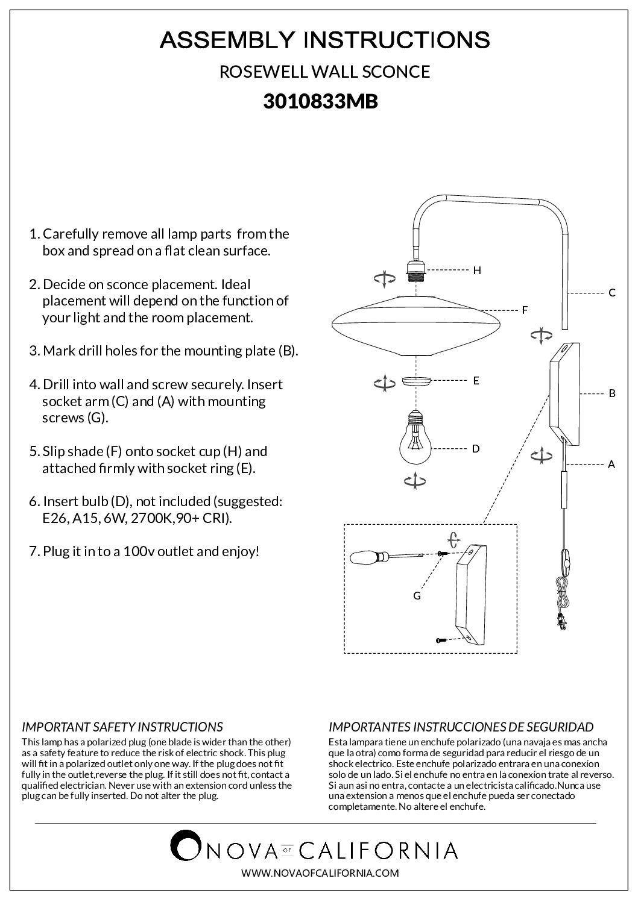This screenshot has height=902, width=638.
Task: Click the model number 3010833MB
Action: click(320, 102)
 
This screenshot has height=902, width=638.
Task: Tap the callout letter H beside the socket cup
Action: click(477, 271)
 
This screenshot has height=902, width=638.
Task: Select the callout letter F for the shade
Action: click(525, 310)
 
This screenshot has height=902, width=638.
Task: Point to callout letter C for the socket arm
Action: click(611, 293)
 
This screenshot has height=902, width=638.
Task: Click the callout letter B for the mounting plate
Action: click(611, 393)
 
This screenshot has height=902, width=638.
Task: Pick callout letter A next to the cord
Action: click(611, 464)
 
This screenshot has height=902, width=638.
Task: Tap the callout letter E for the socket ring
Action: click(476, 381)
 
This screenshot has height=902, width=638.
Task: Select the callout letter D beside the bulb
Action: click(476, 448)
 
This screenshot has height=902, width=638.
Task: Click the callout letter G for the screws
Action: click(417, 596)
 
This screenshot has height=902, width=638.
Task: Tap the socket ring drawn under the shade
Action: click(415, 381)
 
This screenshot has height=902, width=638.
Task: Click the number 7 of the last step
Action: click(33, 551)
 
